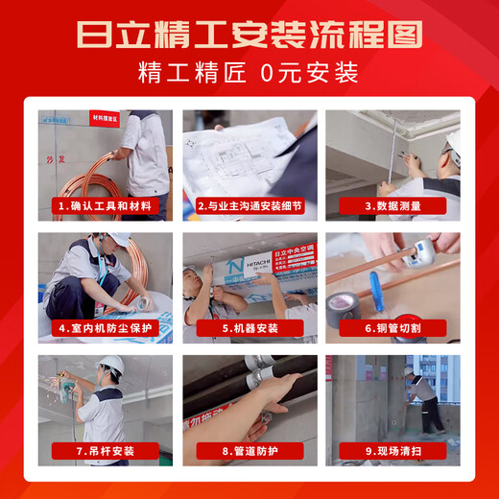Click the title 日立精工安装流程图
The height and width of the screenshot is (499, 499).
click(249, 36)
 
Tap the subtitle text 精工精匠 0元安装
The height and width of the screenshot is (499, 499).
click(249, 72)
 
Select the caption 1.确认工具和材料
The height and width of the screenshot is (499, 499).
click(106, 205)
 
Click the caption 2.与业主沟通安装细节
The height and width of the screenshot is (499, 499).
click(249, 205)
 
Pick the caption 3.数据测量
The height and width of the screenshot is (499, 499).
click(392, 205)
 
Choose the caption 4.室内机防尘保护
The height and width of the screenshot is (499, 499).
click(106, 328)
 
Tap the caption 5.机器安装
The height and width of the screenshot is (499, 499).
click(249, 328)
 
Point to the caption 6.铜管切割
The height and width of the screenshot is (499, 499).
click(392, 328)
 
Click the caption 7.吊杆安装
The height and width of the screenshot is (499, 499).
click(106, 451)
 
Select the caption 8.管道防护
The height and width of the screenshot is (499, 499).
click(249, 451)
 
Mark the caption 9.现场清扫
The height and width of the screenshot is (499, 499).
click(392, 451)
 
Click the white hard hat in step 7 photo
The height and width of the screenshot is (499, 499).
click(111, 366)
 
